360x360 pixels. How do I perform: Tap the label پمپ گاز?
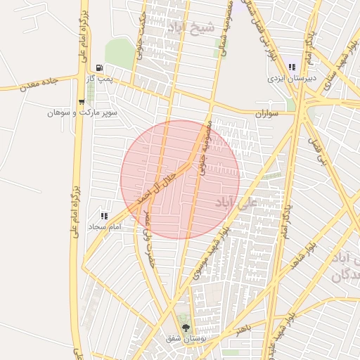pos(100,79)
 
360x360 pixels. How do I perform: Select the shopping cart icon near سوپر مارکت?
pos(82,103)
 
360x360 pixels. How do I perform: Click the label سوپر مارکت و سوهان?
pos(80,112)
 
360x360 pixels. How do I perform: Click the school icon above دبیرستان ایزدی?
pos(292,67)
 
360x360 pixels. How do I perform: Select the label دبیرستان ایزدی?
pos(292,78)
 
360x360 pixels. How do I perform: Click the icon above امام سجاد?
pos(104,217)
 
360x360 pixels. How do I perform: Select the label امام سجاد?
pos(105,227)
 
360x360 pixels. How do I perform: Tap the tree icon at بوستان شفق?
pos(186,328)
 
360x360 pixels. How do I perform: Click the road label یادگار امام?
pos(285,218)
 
